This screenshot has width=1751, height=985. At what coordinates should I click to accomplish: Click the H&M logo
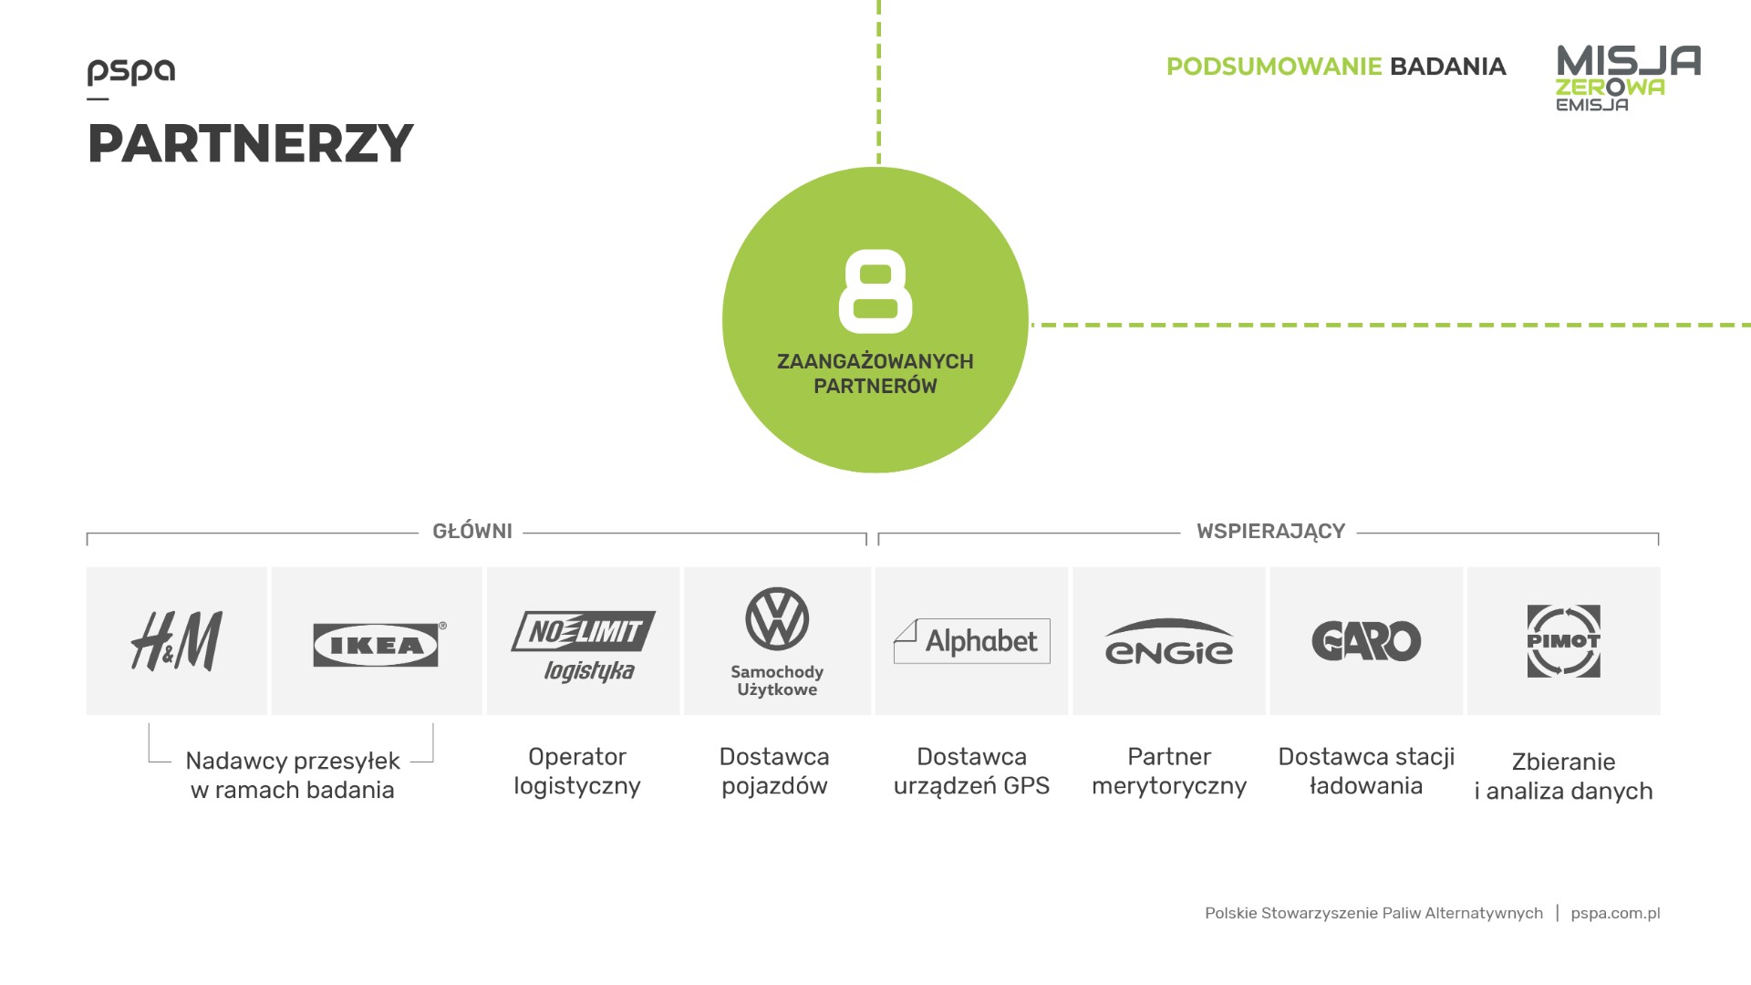[x=176, y=641]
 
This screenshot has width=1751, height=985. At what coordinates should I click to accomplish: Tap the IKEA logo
[x=376, y=645]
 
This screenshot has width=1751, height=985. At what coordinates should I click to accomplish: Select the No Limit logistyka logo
[x=584, y=646]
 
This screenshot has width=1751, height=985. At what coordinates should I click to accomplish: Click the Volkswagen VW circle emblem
[x=777, y=618]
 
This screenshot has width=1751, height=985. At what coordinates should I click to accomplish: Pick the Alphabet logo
[x=972, y=641]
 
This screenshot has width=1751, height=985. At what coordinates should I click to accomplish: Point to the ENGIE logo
[x=1168, y=642]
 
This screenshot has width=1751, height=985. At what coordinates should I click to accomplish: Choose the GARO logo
[x=1366, y=641]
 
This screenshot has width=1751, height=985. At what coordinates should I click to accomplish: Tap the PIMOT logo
[x=1563, y=641]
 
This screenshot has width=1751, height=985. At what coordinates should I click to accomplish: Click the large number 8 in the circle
[x=875, y=292]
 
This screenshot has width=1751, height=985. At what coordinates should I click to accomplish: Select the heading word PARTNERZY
[x=251, y=143]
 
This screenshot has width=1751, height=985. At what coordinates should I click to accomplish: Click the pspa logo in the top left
[x=131, y=72]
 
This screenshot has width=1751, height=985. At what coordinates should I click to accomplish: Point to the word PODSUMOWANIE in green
[x=1274, y=67]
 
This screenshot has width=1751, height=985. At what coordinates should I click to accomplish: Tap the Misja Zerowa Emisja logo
[x=1628, y=78]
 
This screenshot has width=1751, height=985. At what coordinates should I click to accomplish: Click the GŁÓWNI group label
[x=472, y=532]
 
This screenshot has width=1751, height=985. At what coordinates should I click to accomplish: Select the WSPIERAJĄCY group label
[x=1270, y=532]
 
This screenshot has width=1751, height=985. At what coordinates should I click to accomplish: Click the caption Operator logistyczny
[x=577, y=772]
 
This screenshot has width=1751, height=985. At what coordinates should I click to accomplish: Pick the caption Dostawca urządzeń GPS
[x=972, y=772]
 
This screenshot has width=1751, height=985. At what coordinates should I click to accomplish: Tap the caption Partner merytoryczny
[x=1169, y=772]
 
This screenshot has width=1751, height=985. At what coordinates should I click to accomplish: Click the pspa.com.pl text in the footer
[x=1615, y=913]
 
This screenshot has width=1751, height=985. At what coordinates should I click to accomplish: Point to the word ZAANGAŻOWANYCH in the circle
[x=875, y=361]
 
